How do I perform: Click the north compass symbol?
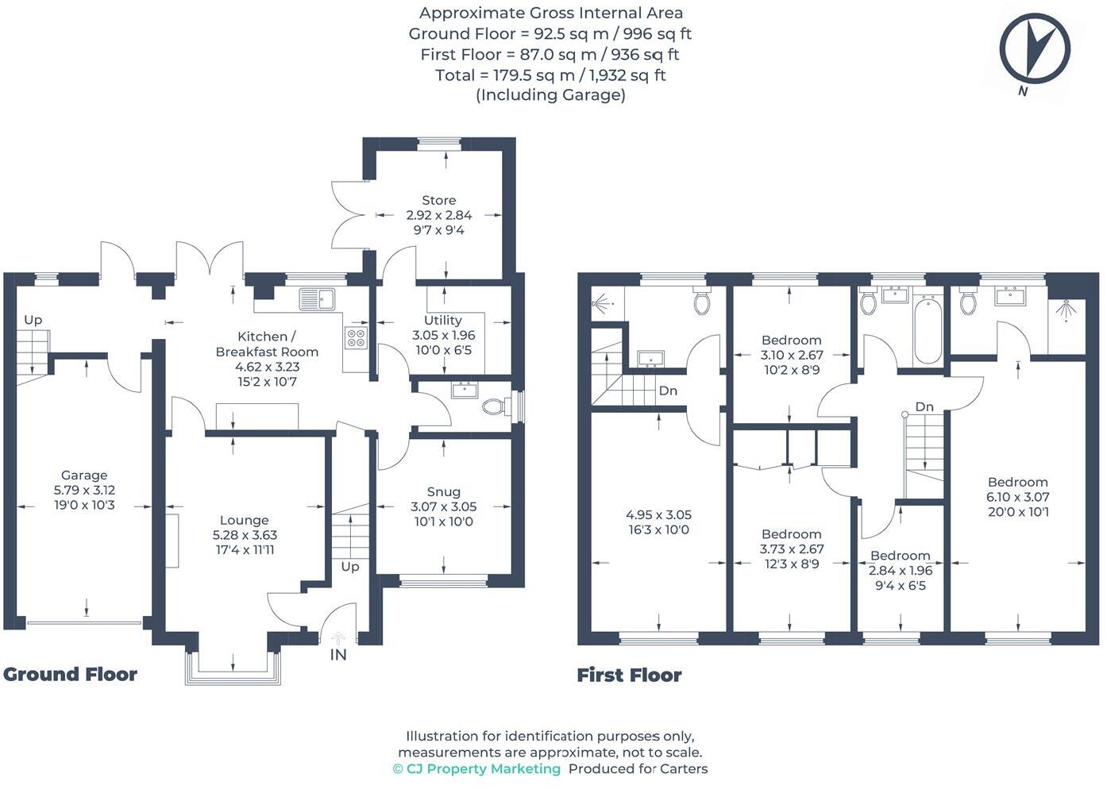pos(1034,47)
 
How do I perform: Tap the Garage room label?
pos(84,475)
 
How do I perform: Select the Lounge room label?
pos(244,521)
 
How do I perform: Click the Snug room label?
pos(443,492)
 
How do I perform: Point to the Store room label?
pos(438,201)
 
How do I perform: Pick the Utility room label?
pos(442,320)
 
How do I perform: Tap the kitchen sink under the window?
pos(317,299)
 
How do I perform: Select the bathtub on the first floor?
pos(928,329)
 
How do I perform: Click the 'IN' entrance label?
pos(338,655)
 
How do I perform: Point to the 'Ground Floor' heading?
pos(70,675)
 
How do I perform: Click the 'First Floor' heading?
pos(629,675)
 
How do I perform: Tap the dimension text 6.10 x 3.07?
pos(1017,497)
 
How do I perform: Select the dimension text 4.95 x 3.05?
pos(658,514)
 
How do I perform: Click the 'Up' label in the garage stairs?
pos(33,320)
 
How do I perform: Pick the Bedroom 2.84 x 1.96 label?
pos(900,556)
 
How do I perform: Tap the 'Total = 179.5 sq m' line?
pos(550,75)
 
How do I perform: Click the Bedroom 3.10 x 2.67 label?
pos(791,341)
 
